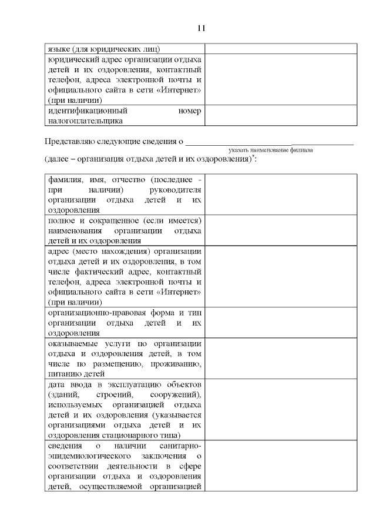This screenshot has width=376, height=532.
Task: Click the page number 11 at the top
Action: (x=201, y=28)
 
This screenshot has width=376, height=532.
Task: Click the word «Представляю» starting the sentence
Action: (x=71, y=141)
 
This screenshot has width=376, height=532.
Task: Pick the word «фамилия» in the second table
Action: (x=65, y=179)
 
